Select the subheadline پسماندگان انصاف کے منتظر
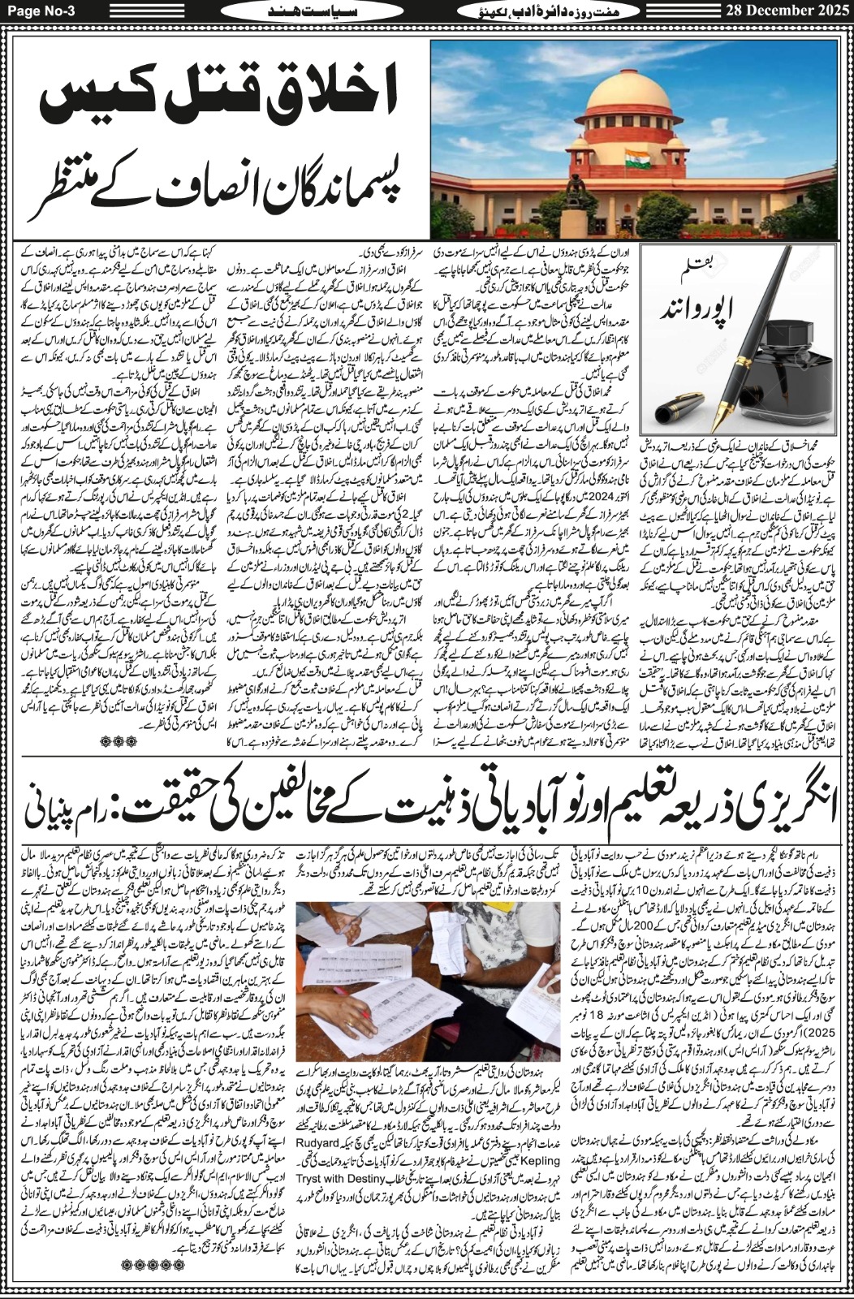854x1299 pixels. point(215,185)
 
